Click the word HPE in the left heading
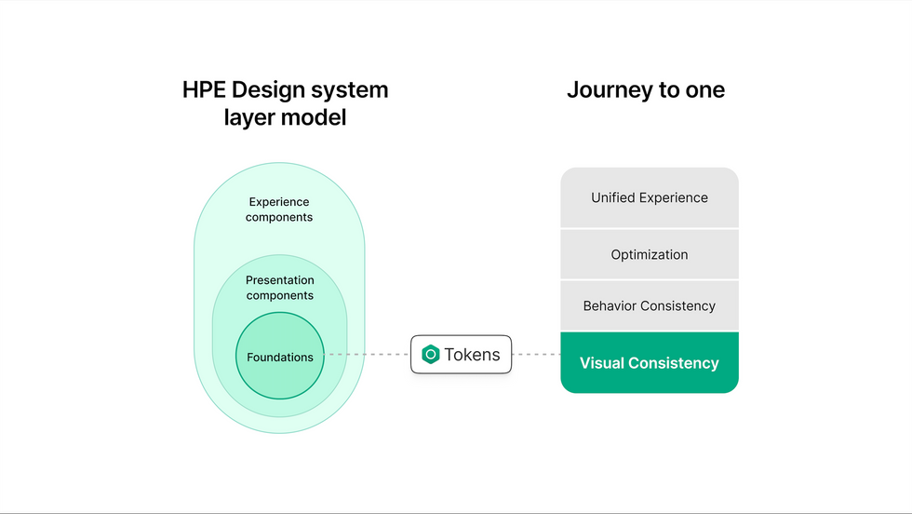point(204,89)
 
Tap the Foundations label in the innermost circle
point(280,357)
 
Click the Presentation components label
point(280,288)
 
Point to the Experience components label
point(279,209)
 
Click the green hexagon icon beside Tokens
point(430,354)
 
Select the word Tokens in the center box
point(472,354)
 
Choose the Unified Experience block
point(650,197)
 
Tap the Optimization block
point(650,254)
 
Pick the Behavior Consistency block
point(650,305)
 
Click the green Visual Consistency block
point(650,362)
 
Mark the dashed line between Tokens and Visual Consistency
point(536,354)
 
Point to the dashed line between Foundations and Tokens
point(367,354)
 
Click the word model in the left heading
point(315,117)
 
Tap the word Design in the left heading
point(268,91)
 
